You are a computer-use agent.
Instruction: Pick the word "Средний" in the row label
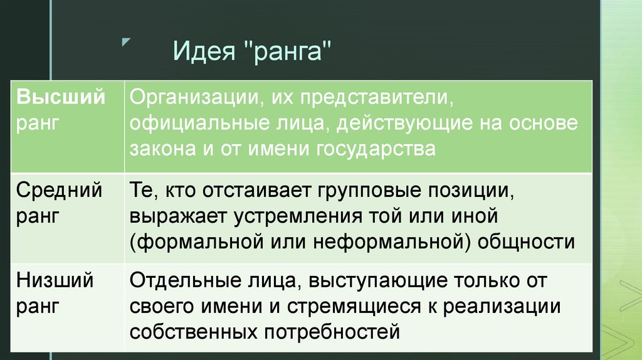[60, 190]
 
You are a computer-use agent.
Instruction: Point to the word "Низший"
[55, 280]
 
